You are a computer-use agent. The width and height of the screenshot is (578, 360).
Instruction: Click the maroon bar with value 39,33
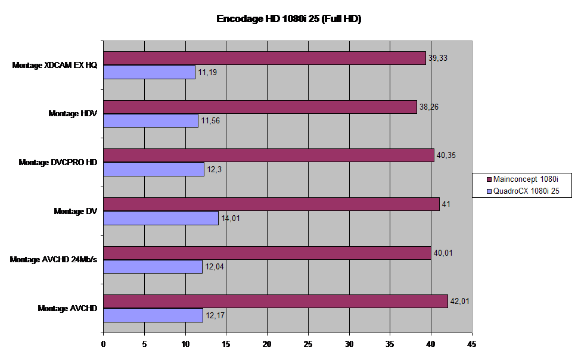(x=265, y=58)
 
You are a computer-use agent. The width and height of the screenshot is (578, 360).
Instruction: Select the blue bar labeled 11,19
(x=150, y=72)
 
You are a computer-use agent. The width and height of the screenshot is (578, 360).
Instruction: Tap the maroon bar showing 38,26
(x=260, y=107)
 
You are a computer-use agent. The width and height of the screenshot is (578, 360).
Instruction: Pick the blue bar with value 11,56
(x=151, y=120)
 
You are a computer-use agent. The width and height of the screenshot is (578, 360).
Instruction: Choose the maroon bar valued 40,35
(x=269, y=155)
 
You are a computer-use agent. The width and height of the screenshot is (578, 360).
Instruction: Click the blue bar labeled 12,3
(x=154, y=169)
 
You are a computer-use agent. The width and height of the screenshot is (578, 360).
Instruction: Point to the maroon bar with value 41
(x=272, y=204)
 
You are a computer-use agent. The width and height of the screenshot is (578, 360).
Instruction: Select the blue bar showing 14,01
(x=161, y=218)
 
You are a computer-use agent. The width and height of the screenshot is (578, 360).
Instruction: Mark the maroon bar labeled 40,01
(x=268, y=253)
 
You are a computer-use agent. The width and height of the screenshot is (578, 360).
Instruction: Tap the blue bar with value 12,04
(x=153, y=266)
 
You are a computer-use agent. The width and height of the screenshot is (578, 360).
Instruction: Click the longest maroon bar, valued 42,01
(x=276, y=302)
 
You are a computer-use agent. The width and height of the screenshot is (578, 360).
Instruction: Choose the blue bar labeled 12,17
(x=153, y=315)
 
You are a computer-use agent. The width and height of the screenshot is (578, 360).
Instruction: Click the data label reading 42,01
(x=460, y=302)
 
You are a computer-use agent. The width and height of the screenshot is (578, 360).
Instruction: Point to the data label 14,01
(x=231, y=218)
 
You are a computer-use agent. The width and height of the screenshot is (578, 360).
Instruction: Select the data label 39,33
(x=438, y=58)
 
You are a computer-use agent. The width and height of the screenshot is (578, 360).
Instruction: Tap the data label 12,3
(x=213, y=169)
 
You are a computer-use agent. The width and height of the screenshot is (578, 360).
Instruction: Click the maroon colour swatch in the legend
(x=489, y=179)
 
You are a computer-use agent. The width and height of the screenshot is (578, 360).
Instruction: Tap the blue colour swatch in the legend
(x=489, y=191)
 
